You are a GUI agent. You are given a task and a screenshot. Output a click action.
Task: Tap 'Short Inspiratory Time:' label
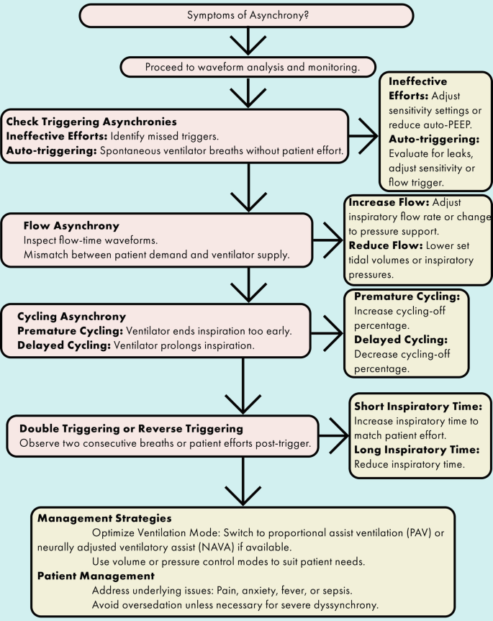pyautogui.click(x=420, y=403)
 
